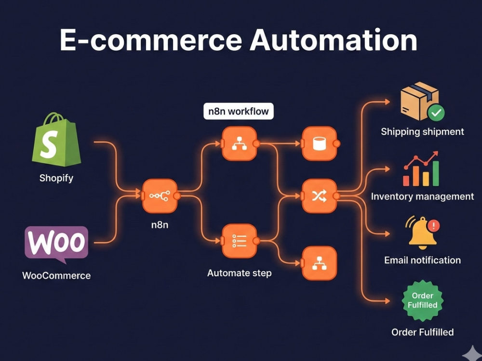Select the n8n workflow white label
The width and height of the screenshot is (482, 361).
click(239, 111)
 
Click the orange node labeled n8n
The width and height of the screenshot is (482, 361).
click(160, 196)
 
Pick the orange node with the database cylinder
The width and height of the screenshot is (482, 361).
click(320, 143)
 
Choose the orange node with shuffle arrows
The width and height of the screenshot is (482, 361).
click(320, 196)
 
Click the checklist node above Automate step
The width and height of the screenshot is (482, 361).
click(240, 241)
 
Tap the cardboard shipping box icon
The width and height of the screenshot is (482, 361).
click(420, 101)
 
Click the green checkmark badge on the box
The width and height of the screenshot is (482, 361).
click(436, 113)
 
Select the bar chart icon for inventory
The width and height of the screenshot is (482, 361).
click(421, 169)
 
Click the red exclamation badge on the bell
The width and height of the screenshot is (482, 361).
click(434, 226)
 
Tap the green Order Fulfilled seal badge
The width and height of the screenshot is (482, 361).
click(422, 300)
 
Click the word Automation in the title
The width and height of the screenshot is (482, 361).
click(333, 40)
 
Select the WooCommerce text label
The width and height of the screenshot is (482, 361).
click(56, 275)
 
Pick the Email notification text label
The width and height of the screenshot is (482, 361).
click(422, 260)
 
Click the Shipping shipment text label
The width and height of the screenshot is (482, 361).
click(422, 132)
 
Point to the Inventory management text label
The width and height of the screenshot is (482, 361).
click(422, 196)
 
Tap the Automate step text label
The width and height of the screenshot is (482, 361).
click(240, 273)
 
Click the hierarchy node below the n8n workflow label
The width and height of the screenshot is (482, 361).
click(240, 143)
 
